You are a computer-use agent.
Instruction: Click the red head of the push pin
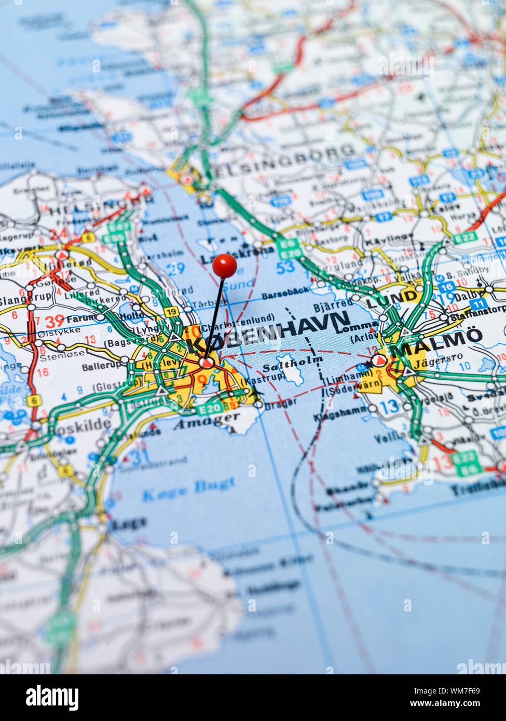point(224,266)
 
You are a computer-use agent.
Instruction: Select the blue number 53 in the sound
point(285,267)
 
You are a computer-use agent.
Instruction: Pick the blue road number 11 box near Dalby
point(478,303)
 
